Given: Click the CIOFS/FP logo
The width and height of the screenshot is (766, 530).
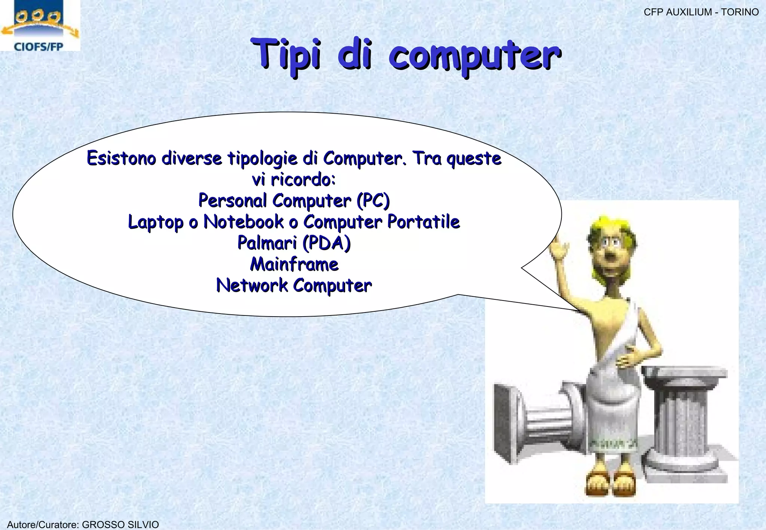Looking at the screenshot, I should tap(40, 25).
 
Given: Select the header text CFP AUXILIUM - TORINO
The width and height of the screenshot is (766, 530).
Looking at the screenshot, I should tap(701, 12).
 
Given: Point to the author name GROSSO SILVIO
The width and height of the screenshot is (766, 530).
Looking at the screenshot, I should tap(120, 524).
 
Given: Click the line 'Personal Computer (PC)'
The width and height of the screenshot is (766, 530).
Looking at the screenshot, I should tap(294, 201).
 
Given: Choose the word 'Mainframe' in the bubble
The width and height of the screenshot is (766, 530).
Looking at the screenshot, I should tap(294, 264).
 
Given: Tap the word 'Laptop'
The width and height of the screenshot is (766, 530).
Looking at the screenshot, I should tap(156, 222).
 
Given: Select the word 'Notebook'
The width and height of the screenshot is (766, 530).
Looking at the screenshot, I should tap(243, 222).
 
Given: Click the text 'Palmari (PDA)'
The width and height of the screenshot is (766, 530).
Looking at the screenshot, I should tap(294, 243).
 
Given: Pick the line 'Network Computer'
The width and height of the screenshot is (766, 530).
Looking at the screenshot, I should tap(294, 286).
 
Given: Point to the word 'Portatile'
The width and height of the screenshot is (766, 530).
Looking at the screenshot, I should tap(423, 222).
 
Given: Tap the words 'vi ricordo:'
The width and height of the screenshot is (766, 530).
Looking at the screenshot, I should tap(294, 180).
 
